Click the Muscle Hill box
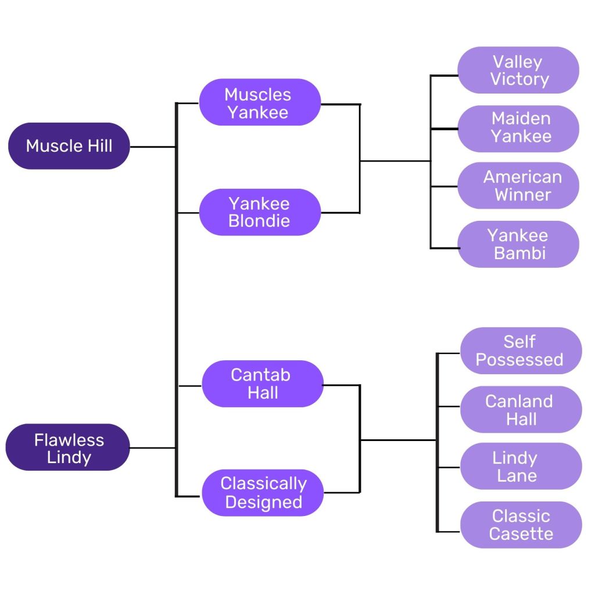pos(69,146)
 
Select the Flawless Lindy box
pos(68,447)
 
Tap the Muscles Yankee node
pos(259,103)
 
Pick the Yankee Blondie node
pos(259,212)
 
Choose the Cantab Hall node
pos(262,383)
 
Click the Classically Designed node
pos(263,493)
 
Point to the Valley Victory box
pos(518,70)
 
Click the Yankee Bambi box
pos(518,244)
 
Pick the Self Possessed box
pos(521,350)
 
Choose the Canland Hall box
pos(521,410)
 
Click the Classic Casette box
pos(521,525)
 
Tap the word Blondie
pos(259,221)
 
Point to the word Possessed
pos(519,360)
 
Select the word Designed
pos(264,502)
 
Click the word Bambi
pos(519,253)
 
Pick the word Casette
pos(521,534)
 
